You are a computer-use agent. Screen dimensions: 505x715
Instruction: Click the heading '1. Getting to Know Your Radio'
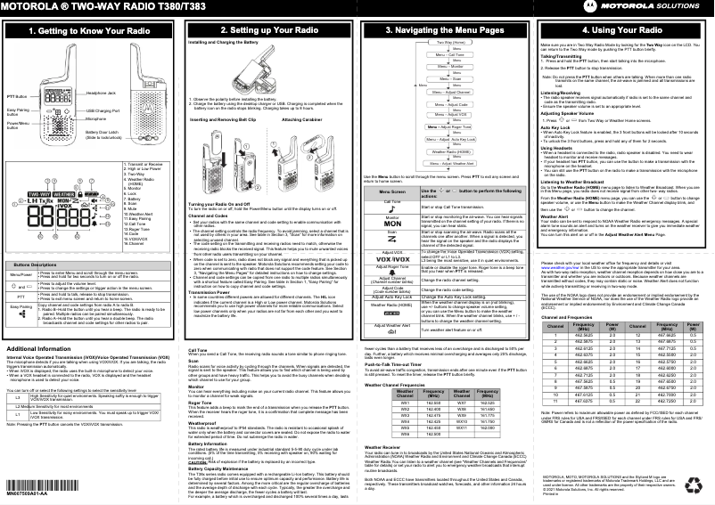click(x=89, y=30)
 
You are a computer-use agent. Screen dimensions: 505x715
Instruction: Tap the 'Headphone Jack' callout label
click(x=103, y=93)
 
